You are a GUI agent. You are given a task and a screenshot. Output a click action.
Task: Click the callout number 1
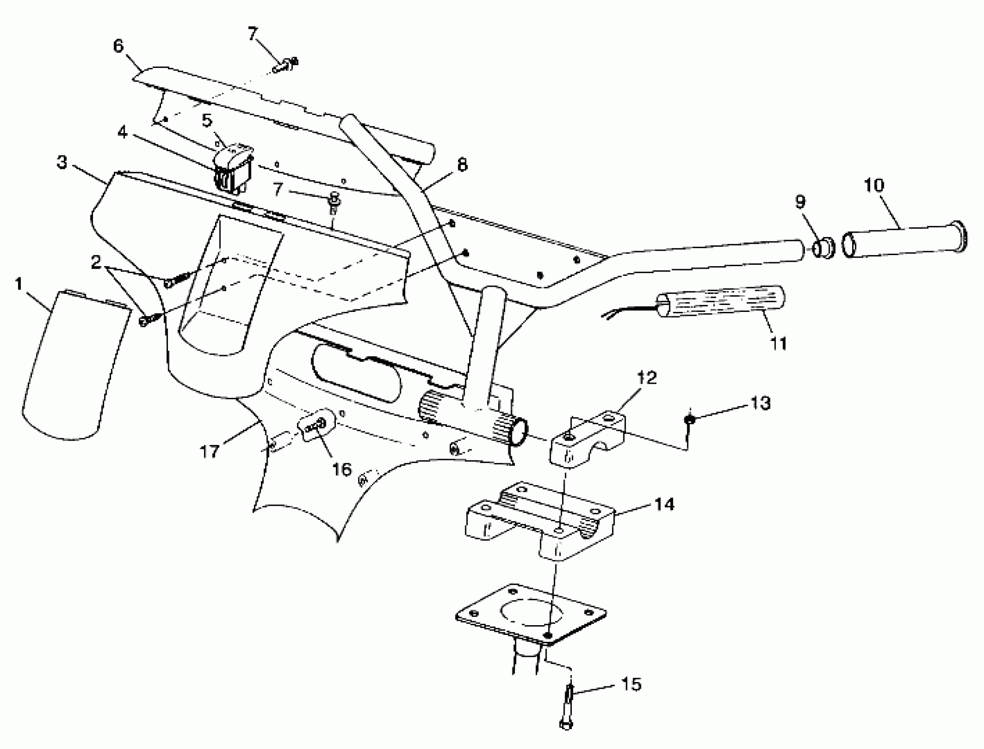point(18,284)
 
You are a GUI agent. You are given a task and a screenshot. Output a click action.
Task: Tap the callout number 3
point(62,163)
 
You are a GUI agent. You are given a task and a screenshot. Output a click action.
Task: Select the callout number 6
point(118,46)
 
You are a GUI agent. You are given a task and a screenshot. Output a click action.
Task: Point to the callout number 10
point(874,185)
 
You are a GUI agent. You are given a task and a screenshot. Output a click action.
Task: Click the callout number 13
point(760,403)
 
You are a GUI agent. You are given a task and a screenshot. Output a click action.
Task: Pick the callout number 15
point(631,684)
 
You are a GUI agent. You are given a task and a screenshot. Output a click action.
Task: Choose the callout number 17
point(209,452)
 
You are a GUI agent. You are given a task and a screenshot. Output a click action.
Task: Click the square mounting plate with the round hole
point(531,614)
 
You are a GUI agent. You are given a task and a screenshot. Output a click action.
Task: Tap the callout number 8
point(462,165)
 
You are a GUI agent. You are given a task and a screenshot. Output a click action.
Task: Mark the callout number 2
point(96,262)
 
